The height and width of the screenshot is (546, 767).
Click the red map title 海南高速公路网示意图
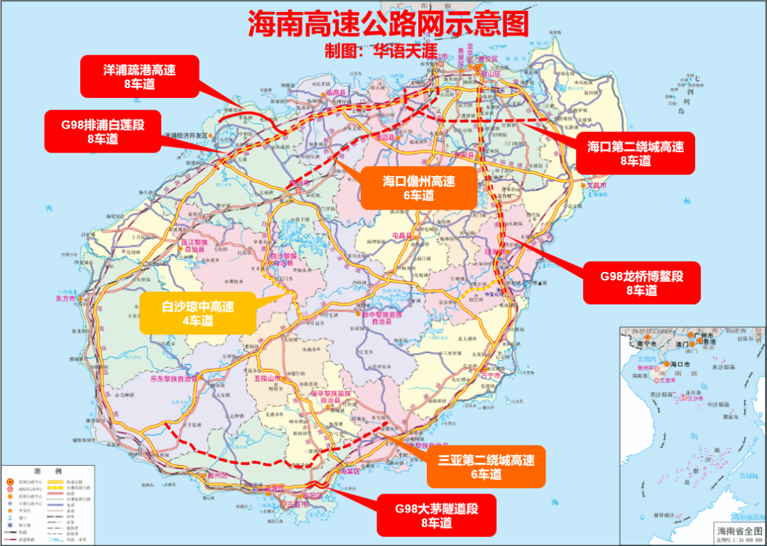point(388,23)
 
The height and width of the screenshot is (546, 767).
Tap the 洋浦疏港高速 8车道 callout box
point(139,77)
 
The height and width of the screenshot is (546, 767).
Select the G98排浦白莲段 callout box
point(102,131)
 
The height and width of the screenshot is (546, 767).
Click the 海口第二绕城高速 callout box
point(635,153)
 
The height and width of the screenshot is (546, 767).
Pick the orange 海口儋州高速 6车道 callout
point(418,188)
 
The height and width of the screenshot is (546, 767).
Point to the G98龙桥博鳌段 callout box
point(642,283)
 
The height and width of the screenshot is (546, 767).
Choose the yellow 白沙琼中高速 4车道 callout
point(197,313)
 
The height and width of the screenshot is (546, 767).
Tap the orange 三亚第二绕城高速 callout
point(486,466)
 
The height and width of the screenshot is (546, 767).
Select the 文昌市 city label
point(597,185)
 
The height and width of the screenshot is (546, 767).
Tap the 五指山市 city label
point(268,379)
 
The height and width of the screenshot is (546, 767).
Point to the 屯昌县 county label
point(403,235)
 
